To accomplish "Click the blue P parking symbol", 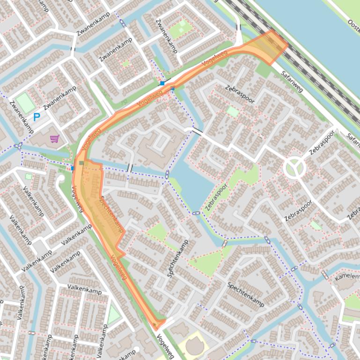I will point(37,117).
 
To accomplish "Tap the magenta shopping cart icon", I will point(54,139).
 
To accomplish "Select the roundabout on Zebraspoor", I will point(294,167).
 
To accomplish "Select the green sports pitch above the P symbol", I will point(26,103).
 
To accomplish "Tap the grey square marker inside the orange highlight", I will point(82,163).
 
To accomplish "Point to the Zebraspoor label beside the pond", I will point(216,197).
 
